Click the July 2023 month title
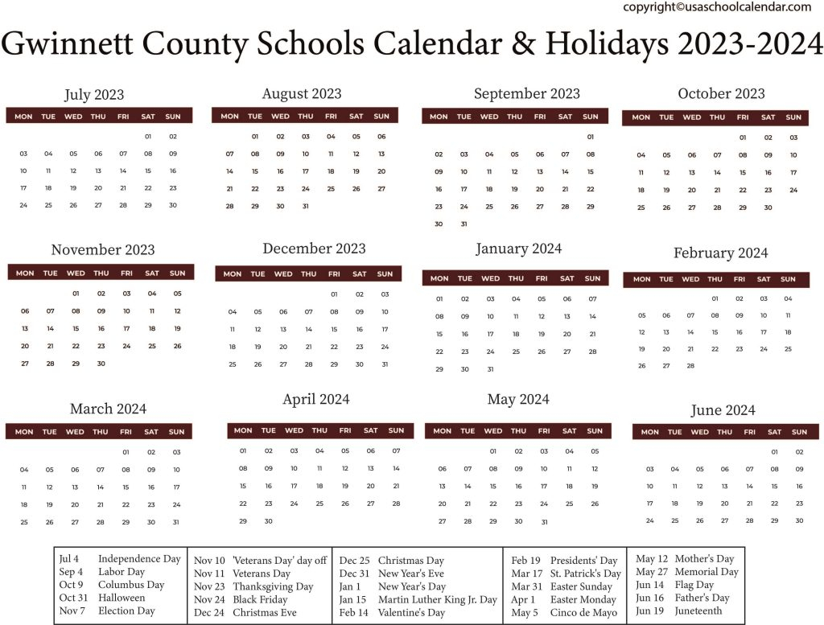[94, 95]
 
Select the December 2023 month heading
[314, 249]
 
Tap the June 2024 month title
[723, 410]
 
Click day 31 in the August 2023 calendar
[306, 206]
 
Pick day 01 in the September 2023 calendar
[590, 137]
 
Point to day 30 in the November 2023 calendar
[101, 364]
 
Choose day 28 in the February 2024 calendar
[690, 365]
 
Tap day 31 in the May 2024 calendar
[544, 521]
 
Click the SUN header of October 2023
[793, 117]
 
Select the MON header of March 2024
[24, 432]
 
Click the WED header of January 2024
[490, 278]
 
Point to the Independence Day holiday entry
[139, 559]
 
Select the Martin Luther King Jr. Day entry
[438, 599]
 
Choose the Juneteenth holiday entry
[698, 611]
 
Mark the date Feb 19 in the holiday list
[525, 561]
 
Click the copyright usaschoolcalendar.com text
[717, 6]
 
